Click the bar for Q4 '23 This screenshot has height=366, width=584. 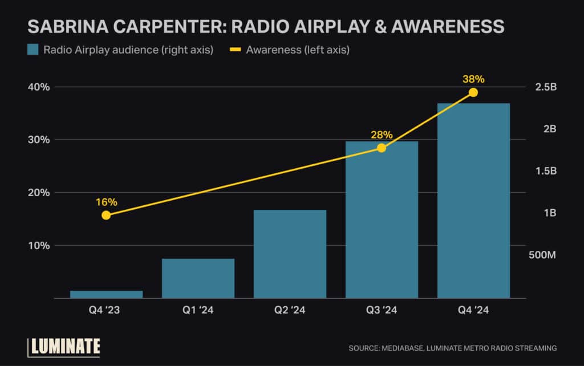(106, 294)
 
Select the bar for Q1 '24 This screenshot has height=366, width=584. (198, 278)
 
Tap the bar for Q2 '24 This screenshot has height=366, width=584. (290, 254)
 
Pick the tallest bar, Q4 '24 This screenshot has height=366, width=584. (473, 201)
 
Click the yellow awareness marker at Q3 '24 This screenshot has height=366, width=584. (382, 148)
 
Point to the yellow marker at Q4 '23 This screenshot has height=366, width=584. (106, 215)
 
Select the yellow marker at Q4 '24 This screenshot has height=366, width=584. (473, 92)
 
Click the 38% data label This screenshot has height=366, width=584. (473, 79)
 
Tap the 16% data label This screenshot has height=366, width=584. (106, 202)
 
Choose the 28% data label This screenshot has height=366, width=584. (382, 135)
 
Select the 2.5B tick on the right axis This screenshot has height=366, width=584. (545, 87)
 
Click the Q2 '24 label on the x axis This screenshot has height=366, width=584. (290, 311)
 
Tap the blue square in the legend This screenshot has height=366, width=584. (33, 50)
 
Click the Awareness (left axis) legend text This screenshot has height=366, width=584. (298, 50)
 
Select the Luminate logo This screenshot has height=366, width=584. (64, 346)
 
